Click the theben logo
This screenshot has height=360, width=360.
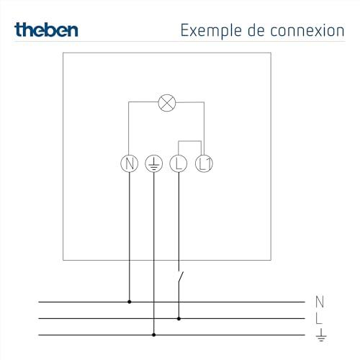pos(46,30)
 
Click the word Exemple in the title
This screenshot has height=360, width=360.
pos(211,31)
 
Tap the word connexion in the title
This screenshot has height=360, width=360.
pos(307,31)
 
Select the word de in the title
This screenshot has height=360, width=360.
pos(256,30)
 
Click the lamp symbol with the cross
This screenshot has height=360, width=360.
pos(167,103)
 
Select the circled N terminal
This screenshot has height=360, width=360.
pos(130,163)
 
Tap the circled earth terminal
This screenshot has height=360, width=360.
pos(154,163)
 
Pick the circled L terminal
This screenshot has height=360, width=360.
pos(179,163)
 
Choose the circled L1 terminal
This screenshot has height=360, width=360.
pos(204,163)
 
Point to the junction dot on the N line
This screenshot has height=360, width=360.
pos(130,302)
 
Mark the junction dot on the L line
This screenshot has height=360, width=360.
pos(179,318)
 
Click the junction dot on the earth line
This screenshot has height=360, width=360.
pos(154,335)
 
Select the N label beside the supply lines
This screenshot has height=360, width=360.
pos(320,302)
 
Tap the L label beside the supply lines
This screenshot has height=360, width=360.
pos(319,318)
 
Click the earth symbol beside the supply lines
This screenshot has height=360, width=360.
pos(321,335)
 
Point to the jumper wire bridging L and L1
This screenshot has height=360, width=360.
pos(189,141)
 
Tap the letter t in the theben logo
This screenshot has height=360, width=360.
pos(18,30)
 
